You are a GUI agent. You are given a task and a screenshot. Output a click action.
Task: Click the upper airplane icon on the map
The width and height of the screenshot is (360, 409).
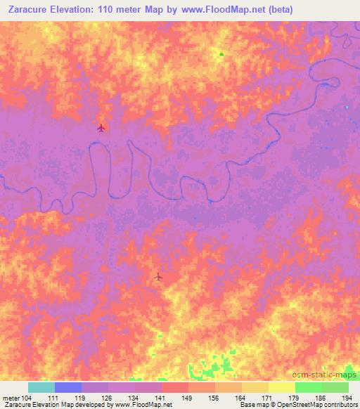click(101, 127)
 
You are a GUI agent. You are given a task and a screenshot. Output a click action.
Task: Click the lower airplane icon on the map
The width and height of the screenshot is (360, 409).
click(158, 277)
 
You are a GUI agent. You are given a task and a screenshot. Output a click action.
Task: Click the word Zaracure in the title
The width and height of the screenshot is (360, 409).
click(28, 9)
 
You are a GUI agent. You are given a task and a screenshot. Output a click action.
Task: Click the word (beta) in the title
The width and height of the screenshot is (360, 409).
click(277, 9)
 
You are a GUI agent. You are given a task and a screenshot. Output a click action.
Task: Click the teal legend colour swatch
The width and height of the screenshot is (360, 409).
click(41, 387)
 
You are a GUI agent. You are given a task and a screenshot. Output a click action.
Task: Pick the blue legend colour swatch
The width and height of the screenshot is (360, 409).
click(68, 387)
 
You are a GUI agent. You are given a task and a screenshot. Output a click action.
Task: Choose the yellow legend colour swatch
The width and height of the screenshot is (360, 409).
click(282, 387)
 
